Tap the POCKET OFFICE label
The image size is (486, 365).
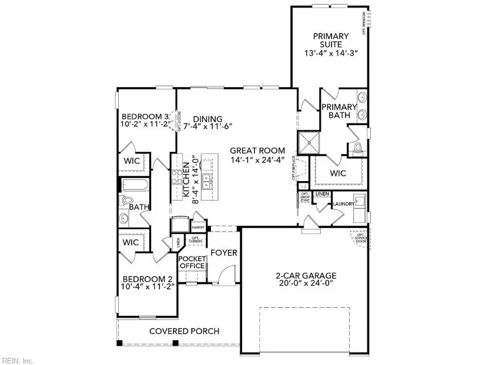[192, 262]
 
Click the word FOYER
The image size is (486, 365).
[224, 253]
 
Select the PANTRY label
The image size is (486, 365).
[198, 228]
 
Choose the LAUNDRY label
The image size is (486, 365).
[343, 204]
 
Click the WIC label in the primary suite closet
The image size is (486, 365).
[337, 174]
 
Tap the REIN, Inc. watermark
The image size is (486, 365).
[18, 360]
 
